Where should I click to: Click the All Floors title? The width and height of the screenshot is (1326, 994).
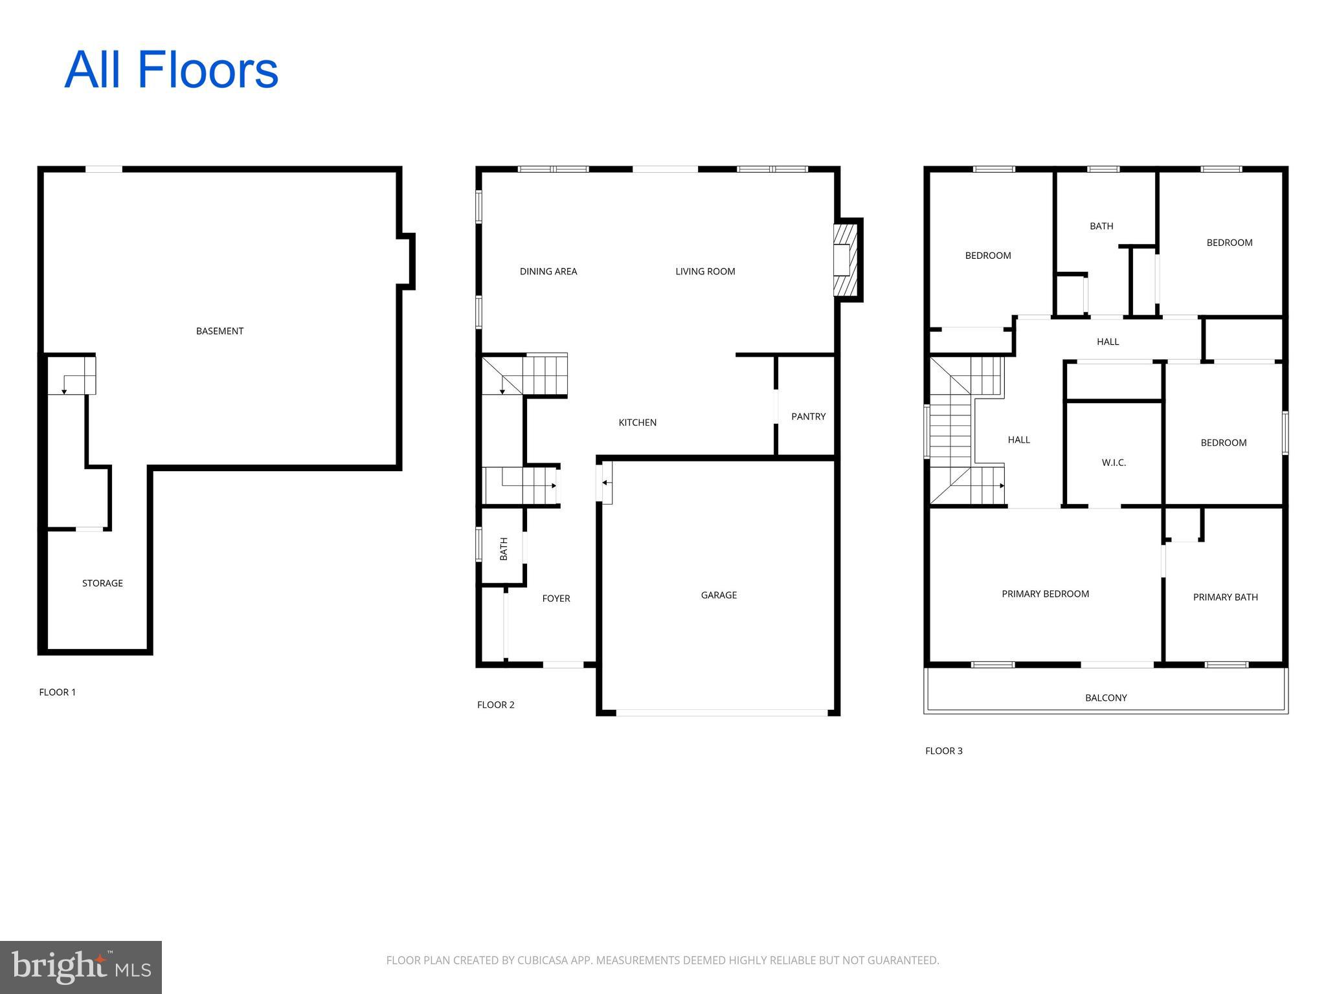point(171,70)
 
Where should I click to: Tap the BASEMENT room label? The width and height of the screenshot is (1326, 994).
point(219,331)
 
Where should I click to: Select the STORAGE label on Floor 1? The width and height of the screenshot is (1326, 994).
point(102,583)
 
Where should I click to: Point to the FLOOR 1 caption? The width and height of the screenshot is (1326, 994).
point(58,692)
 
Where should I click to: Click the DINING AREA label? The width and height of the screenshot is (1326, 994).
point(548,272)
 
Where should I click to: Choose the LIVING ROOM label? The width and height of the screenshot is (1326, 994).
point(705,272)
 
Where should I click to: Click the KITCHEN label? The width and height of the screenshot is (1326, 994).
point(638,423)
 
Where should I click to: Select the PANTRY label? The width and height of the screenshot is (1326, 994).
point(808,417)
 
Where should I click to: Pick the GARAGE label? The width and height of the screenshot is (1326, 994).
point(719,595)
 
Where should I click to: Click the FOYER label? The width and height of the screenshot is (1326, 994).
point(556,599)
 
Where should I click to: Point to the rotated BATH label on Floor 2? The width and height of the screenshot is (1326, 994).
point(504,549)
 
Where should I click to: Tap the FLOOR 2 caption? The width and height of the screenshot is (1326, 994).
point(496,705)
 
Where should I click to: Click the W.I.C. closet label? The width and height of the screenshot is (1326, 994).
point(1114,463)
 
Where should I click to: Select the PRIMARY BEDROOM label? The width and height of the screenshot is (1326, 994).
point(1045,594)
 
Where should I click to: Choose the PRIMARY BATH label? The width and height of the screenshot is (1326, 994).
point(1225,597)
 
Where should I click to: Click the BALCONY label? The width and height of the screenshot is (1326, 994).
point(1106,698)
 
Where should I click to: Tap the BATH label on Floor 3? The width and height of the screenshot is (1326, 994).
point(1101,226)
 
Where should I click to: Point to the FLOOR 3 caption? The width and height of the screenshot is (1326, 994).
point(944,751)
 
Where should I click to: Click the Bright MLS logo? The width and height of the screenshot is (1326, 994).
point(81,967)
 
